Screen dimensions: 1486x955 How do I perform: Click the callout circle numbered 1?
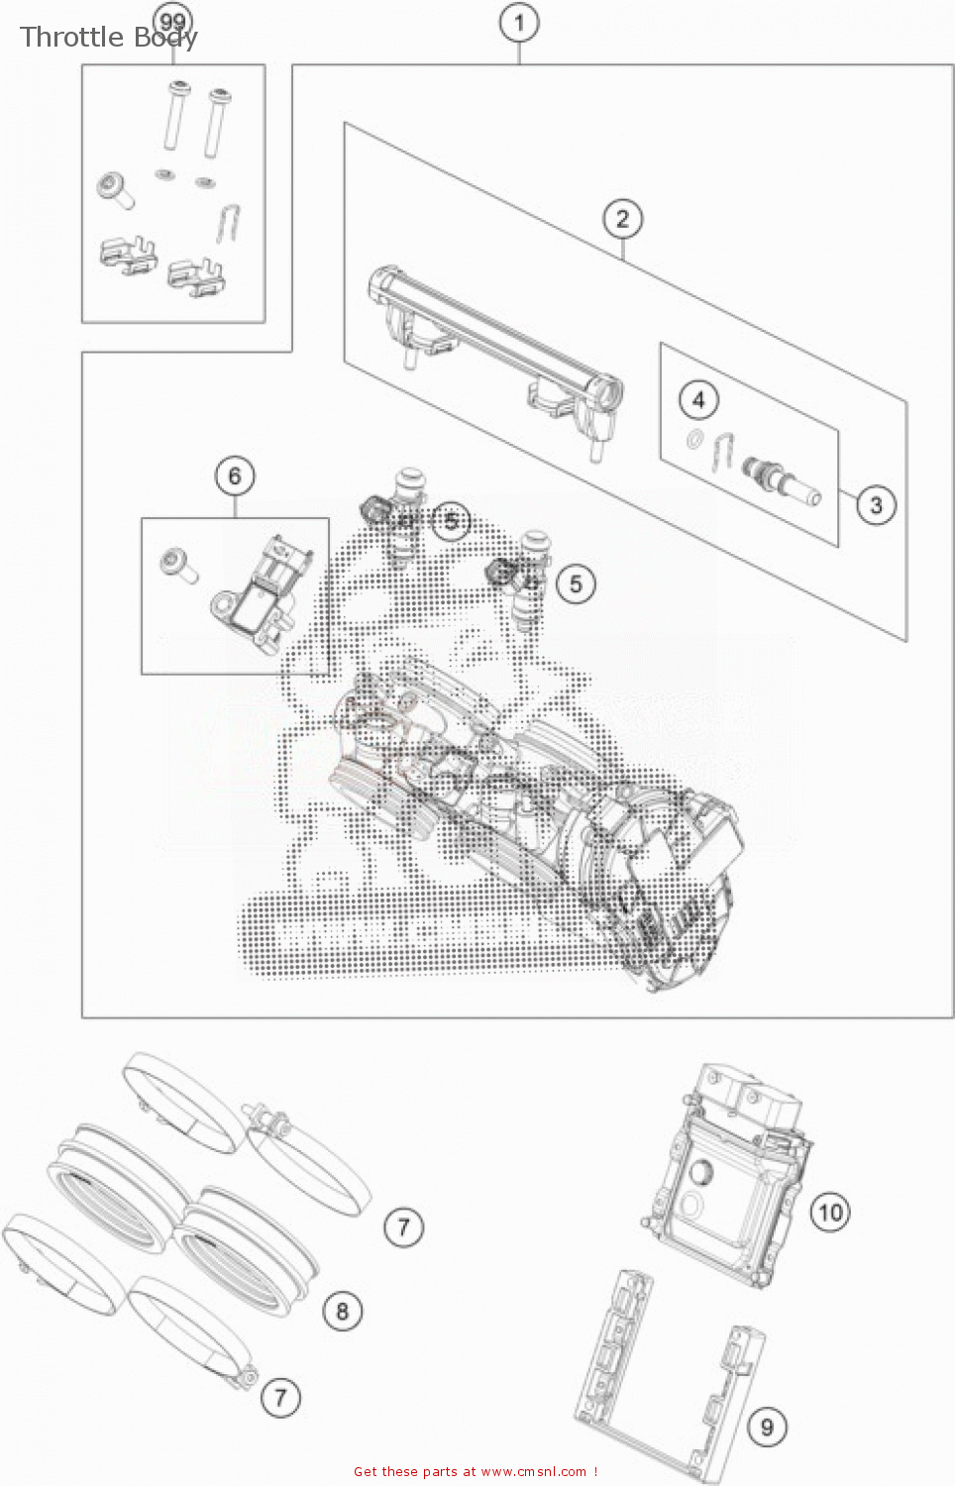tap(519, 22)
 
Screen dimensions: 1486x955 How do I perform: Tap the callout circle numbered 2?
tap(622, 218)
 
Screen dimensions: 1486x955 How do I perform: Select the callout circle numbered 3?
tap(876, 505)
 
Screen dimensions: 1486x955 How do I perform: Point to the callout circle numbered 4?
tap(698, 399)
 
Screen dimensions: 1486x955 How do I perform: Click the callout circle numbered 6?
tap(235, 476)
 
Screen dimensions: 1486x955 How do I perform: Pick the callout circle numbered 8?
tap(342, 1312)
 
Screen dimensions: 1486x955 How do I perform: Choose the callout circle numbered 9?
tap(766, 1427)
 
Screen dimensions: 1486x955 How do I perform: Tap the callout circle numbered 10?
tap(830, 1212)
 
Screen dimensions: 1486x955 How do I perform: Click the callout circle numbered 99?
tap(172, 22)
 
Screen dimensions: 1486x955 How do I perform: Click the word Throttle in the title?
tap(71, 37)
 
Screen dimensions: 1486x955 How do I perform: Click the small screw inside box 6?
tap(178, 565)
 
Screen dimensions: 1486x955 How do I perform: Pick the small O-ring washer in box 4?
tap(695, 439)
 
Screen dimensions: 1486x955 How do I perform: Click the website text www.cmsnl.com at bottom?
tap(533, 1471)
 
